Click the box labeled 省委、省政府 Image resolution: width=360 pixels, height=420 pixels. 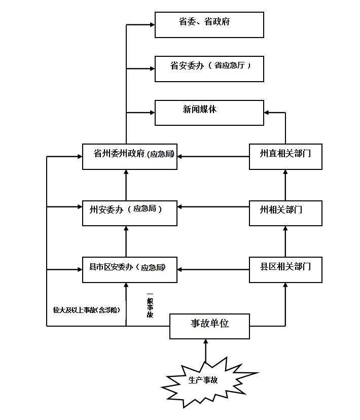click(x=209, y=25)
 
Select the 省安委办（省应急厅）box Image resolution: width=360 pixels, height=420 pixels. click(x=209, y=69)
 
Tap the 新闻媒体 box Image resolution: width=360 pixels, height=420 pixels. click(x=209, y=113)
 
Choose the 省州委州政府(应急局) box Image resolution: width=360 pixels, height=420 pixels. click(x=130, y=157)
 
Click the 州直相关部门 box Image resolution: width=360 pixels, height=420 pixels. click(x=285, y=157)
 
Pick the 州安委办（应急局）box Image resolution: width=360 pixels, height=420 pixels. click(x=130, y=213)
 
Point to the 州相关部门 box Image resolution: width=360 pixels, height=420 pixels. click(x=285, y=213)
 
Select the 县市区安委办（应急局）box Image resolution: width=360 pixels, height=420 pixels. click(x=130, y=270)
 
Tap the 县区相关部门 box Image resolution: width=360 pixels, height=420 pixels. click(x=285, y=270)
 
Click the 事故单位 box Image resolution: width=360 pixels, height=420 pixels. click(x=209, y=326)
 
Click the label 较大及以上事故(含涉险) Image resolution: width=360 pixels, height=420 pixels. click(x=87, y=309)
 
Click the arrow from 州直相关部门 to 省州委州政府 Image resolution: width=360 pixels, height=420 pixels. click(x=213, y=157)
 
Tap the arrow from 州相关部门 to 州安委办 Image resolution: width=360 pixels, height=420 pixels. click(x=213, y=207)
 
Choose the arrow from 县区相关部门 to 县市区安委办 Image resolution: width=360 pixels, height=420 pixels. click(x=213, y=269)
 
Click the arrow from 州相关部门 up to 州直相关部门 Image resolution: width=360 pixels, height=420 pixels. click(x=285, y=185)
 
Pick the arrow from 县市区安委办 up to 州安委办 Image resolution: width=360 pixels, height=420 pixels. click(x=126, y=241)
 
